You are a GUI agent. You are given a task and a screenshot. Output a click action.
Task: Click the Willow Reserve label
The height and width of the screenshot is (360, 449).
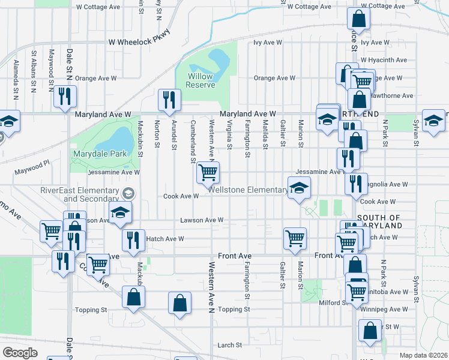pyautogui.click(x=200, y=80)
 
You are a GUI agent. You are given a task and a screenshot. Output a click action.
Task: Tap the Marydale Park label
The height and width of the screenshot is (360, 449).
pyautogui.click(x=100, y=154)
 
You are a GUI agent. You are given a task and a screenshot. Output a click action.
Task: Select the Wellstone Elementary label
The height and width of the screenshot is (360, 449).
pyautogui.click(x=248, y=190)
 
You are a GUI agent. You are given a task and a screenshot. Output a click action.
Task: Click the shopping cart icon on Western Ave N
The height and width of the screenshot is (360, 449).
pyautogui.click(x=208, y=173)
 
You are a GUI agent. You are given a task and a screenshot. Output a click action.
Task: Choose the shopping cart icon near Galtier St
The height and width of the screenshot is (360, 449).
pyautogui.click(x=295, y=238)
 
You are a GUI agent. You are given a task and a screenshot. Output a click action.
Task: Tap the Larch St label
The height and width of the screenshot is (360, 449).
pyautogui.click(x=229, y=345)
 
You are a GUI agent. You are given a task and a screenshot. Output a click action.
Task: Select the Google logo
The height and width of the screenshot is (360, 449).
pyautogui.click(x=20, y=352)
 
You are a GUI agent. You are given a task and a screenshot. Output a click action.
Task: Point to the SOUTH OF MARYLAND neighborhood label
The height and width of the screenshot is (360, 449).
pyautogui.click(x=379, y=221)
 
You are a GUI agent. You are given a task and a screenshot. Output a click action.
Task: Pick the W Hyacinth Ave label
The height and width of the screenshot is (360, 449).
pyautogui.click(x=383, y=61)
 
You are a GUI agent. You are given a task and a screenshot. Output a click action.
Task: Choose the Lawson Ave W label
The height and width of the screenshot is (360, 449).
pyautogui.click(x=202, y=220)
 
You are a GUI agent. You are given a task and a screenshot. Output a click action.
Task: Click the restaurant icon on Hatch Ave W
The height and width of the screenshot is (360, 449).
pyautogui.click(x=133, y=239)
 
